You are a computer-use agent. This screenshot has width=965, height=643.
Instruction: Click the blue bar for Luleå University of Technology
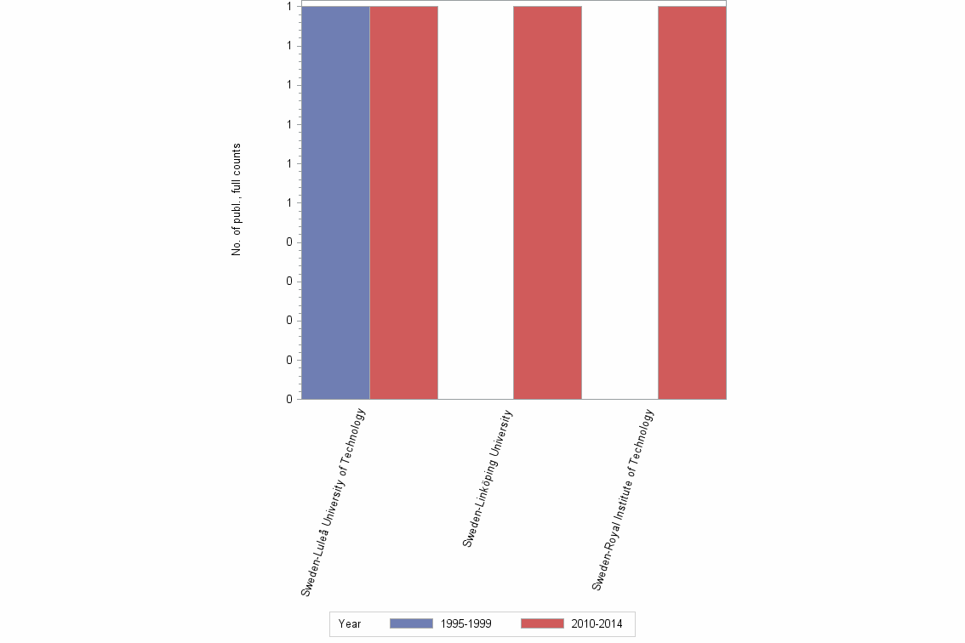pos(335,202)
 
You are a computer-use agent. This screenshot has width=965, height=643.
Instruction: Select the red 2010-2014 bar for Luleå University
pos(403,202)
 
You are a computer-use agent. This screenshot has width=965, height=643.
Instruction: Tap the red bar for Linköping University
pos(547,202)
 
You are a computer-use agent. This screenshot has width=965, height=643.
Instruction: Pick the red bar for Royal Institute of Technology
pos(692,202)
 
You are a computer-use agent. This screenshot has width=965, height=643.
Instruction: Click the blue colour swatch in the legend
pos(410,624)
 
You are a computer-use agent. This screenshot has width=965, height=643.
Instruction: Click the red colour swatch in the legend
pos(541,624)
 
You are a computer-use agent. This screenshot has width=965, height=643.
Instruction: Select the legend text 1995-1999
pos(465,624)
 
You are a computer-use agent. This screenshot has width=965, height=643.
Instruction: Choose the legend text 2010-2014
pos(597,624)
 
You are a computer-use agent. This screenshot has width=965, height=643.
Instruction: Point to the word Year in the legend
pos(350,624)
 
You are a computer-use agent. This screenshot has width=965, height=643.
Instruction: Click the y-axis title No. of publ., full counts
pos(237,200)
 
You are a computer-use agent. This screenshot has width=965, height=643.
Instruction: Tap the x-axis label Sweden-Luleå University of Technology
pos(334,502)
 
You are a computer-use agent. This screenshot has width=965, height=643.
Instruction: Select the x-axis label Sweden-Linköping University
pos(488,478)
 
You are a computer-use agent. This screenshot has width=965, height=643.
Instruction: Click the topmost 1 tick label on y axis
pos(289,6)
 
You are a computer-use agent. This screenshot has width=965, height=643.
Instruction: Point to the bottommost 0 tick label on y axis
pos(289,399)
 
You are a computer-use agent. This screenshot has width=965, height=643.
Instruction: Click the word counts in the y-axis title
pos(237,159)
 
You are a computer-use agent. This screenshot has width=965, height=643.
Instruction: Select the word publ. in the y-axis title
pos(237,219)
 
